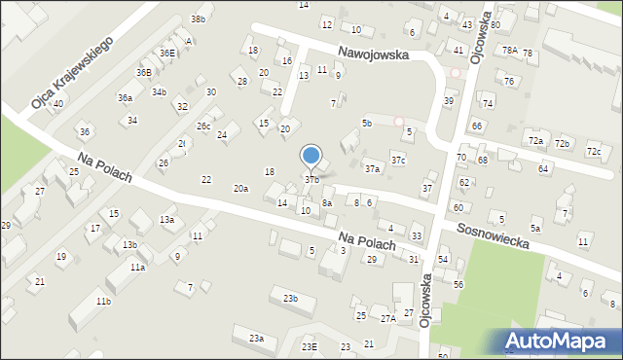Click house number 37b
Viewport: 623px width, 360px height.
(311, 179)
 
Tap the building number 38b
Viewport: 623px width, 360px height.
(198, 19)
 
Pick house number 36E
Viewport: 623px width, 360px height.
(167, 53)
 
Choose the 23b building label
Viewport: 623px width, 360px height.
(290, 298)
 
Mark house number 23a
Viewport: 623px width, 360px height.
(256, 338)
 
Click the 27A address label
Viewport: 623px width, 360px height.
(387, 318)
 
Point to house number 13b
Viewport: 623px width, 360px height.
(129, 244)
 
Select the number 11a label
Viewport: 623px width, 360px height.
(137, 267)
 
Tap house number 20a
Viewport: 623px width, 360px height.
(240, 188)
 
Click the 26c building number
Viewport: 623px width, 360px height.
(203, 126)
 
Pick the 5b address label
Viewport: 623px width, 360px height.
(367, 123)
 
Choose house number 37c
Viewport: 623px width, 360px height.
(398, 159)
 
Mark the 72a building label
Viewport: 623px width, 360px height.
(535, 141)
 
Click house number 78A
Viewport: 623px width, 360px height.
(508, 50)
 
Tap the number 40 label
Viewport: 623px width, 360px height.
(58, 103)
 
